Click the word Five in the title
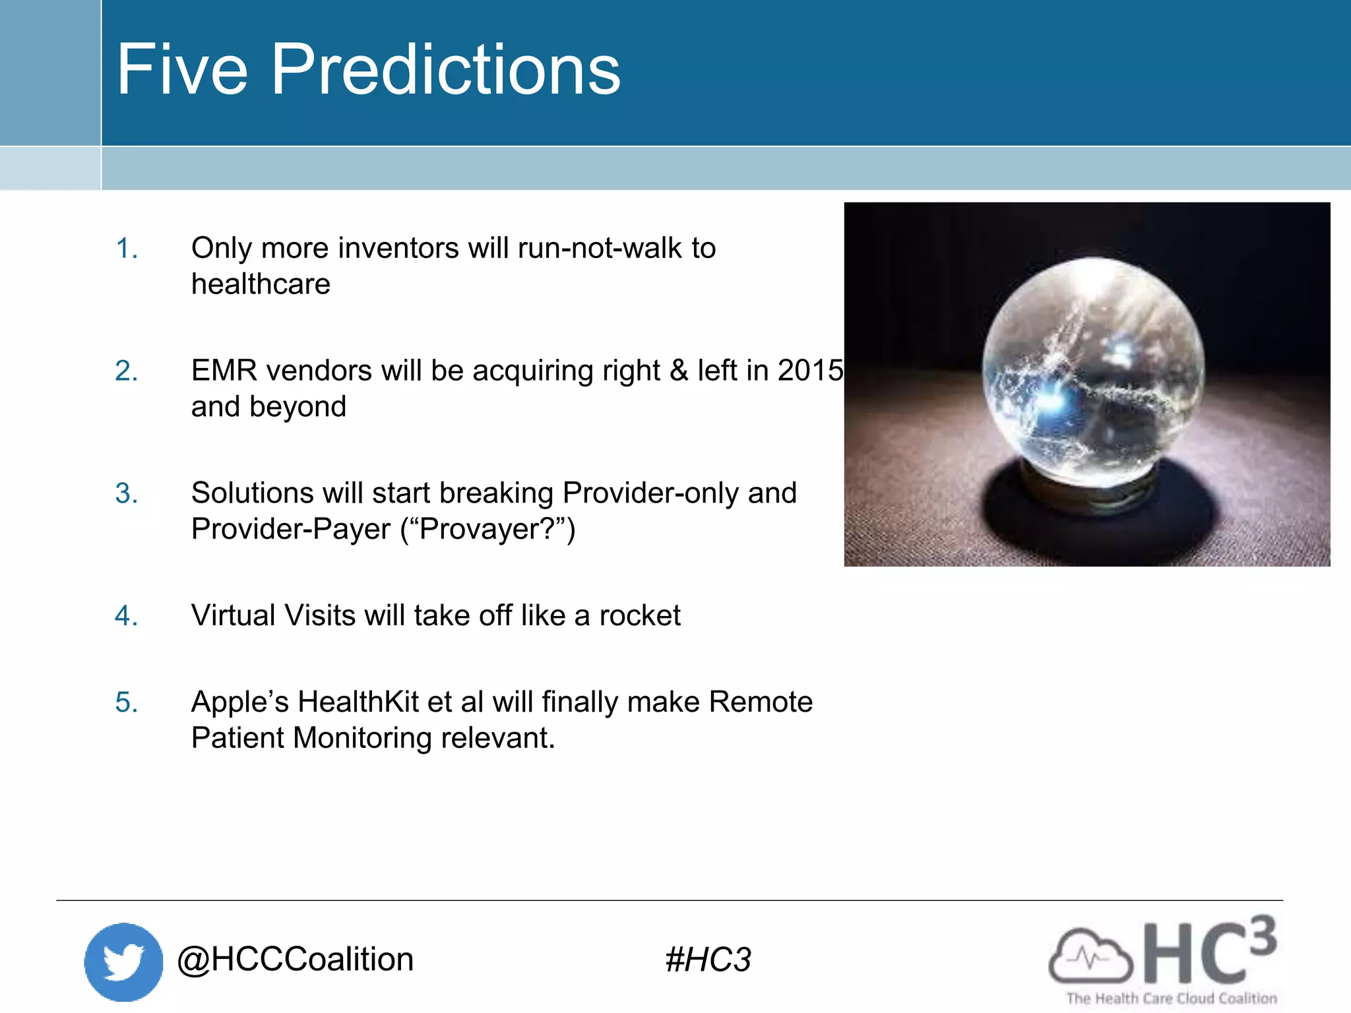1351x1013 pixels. click(x=183, y=70)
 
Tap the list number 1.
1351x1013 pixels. click(x=126, y=249)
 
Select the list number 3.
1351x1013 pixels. click(x=126, y=494)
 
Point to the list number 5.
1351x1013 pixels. click(x=126, y=702)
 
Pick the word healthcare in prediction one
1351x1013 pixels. click(x=261, y=285)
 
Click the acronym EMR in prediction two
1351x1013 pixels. click(x=224, y=371)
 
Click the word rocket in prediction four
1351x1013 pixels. click(x=639, y=616)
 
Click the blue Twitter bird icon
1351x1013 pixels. click(x=123, y=962)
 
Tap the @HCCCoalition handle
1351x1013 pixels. click(x=295, y=960)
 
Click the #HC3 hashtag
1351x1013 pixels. click(x=708, y=960)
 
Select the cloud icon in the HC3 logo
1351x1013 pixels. click(x=1090, y=956)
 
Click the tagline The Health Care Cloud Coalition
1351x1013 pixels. click(x=1172, y=998)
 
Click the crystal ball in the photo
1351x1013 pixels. click(x=1092, y=373)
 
